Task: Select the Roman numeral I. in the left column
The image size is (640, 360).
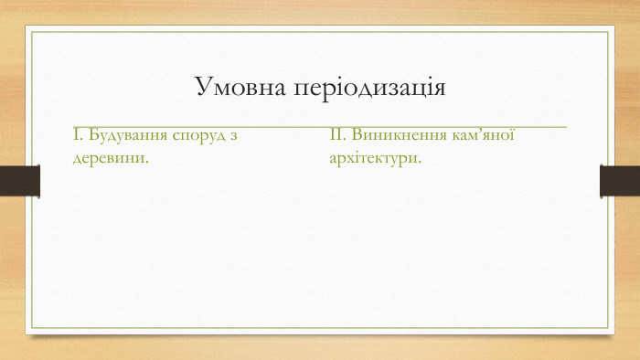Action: [x=77, y=136]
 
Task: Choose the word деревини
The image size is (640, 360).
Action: [x=109, y=157]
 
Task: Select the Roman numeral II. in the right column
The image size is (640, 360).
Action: [x=336, y=136]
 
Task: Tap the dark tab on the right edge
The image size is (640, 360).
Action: [x=619, y=180]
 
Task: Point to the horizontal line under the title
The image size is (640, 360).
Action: [x=320, y=123]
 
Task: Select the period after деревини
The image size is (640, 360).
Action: [x=148, y=161]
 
